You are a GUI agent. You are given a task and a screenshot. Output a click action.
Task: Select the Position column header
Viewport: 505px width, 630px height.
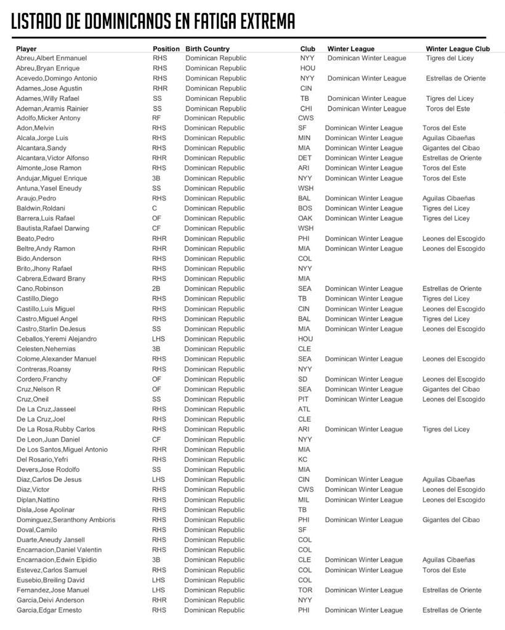pos(166,49)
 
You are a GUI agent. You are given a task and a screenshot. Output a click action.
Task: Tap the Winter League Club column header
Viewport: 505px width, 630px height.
pos(458,49)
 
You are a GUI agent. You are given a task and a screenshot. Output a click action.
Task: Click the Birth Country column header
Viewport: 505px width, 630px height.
pos(208,49)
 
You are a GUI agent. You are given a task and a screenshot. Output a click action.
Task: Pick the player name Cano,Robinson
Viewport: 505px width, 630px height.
pos(39,289)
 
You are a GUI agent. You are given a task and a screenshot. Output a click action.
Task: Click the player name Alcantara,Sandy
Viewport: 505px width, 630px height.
pos(41,148)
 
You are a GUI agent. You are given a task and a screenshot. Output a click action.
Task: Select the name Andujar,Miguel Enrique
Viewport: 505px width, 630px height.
pos(52,178)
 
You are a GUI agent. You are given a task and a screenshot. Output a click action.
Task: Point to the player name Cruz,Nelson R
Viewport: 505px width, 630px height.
pos(38,389)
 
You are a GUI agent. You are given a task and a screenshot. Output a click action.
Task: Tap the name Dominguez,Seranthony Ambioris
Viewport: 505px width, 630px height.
pos(66,520)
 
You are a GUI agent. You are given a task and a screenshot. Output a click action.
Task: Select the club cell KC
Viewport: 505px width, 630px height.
pos(302,460)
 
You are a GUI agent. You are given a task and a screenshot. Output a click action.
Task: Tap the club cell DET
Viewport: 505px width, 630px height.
pos(305,158)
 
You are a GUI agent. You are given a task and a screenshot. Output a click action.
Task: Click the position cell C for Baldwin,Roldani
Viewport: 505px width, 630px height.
pos(155,209)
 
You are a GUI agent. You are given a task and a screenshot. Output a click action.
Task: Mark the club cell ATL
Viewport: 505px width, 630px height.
pos(304,409)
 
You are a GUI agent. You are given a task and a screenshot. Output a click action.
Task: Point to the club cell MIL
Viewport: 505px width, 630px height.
pos(304,500)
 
